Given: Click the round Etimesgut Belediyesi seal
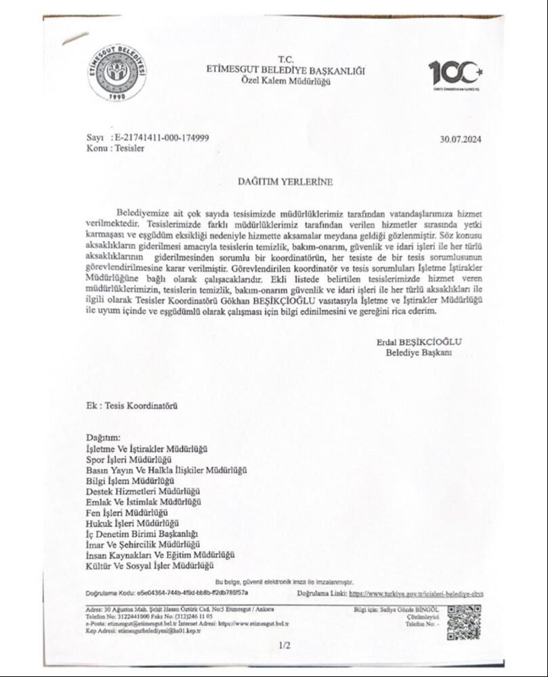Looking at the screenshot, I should [x=117, y=72].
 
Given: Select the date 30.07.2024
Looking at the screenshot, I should [x=460, y=140].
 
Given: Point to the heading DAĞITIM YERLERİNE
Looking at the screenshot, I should [x=274, y=182].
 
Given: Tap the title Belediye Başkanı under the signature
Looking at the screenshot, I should [x=419, y=352].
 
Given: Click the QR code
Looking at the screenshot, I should [x=464, y=622].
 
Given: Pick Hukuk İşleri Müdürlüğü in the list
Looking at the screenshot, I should [x=132, y=523].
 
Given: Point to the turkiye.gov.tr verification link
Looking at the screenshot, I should [x=416, y=593].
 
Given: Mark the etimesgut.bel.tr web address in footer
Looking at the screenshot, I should [x=260, y=623].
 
